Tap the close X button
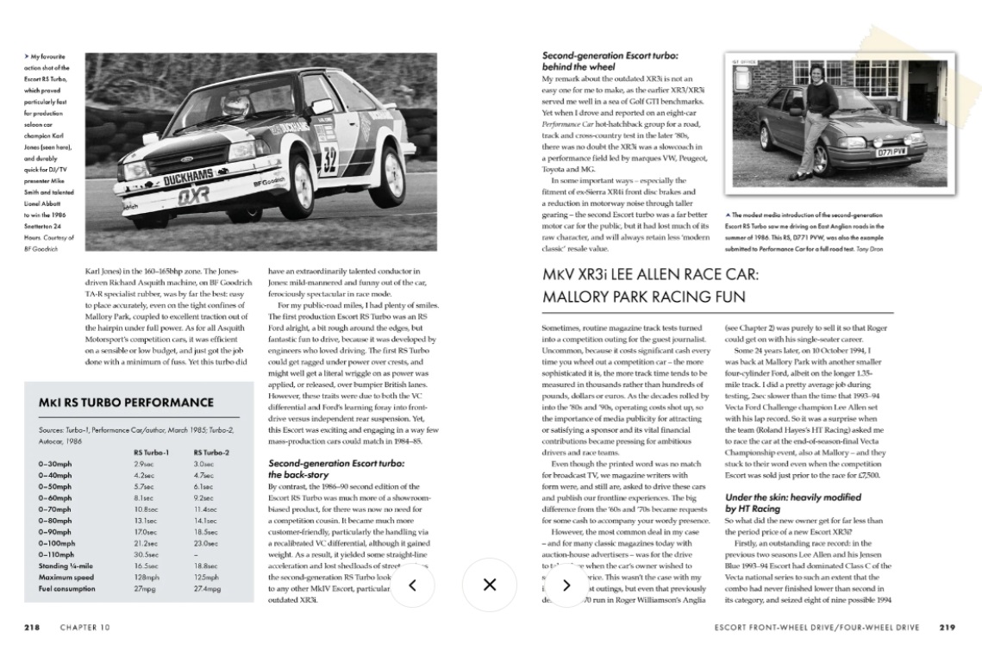[490, 585]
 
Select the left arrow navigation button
[412, 585]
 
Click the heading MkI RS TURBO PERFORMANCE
[126, 403]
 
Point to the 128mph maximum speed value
[147, 577]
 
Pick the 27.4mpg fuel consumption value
[210, 589]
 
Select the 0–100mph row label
[57, 543]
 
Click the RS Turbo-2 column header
[210, 452]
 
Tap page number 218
[32, 628]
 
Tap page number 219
[948, 628]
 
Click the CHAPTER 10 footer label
[84, 628]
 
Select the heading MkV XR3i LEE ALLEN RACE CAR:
[650, 276]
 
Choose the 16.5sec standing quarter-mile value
[147, 566]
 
